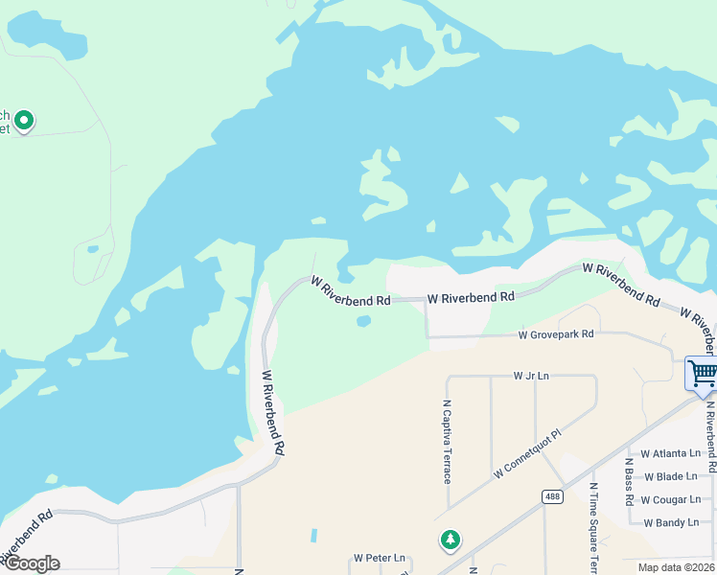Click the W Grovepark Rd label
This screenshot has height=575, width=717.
tap(556, 334)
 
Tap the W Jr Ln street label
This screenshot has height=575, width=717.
tap(531, 376)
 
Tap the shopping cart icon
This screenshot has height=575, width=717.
tap(703, 373)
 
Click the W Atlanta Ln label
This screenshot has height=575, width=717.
tap(671, 453)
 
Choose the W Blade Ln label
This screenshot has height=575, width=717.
tap(670, 476)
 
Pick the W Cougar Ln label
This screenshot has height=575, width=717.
tap(670, 499)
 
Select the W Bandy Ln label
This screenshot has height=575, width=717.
tap(670, 523)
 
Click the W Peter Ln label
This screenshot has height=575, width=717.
tap(380, 558)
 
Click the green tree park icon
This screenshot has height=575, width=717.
tap(450, 540)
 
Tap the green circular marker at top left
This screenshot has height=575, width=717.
tap(24, 121)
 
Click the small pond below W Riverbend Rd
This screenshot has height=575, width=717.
tap(363, 321)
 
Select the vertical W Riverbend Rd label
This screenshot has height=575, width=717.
tap(273, 412)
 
